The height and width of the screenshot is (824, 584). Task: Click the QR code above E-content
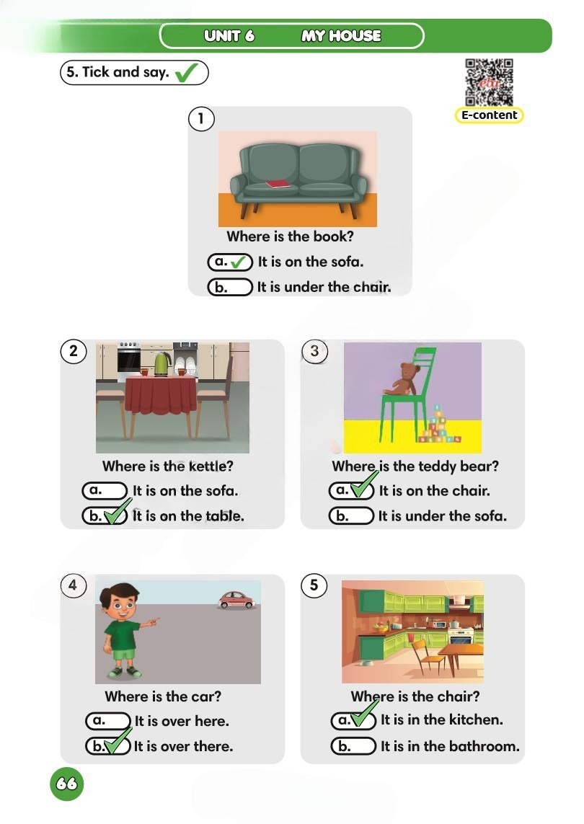click(489, 82)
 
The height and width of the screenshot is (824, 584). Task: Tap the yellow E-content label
click(489, 115)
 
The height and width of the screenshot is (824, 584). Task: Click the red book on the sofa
click(278, 184)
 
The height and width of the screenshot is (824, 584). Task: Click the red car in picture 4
click(236, 600)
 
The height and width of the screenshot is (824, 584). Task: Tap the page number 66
click(67, 784)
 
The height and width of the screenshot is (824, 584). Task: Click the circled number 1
click(201, 119)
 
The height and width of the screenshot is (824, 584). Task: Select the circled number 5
click(314, 585)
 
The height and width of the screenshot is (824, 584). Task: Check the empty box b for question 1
click(230, 287)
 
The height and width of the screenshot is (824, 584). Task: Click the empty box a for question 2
click(105, 490)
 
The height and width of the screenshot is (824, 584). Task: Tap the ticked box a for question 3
click(351, 490)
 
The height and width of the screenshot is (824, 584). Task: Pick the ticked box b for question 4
click(107, 746)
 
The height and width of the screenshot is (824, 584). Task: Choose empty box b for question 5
click(353, 746)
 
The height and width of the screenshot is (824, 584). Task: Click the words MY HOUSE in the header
click(341, 36)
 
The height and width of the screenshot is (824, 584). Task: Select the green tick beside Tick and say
click(186, 73)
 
